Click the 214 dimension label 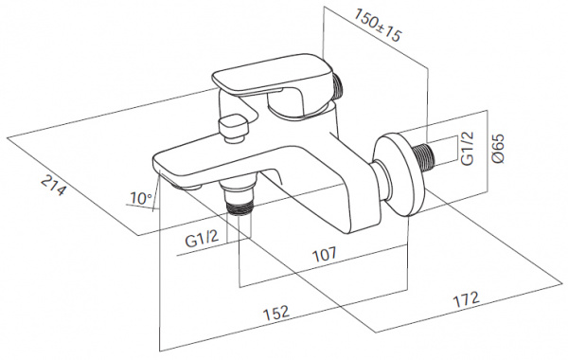tap(54, 185)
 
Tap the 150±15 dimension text tap(378, 25)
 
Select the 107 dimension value tap(324, 254)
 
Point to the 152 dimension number tap(276, 313)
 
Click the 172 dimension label tap(467, 299)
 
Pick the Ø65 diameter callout tap(498, 149)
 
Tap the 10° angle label tap(141, 198)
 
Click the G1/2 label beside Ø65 tap(468, 148)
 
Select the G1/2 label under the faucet tap(202, 239)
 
